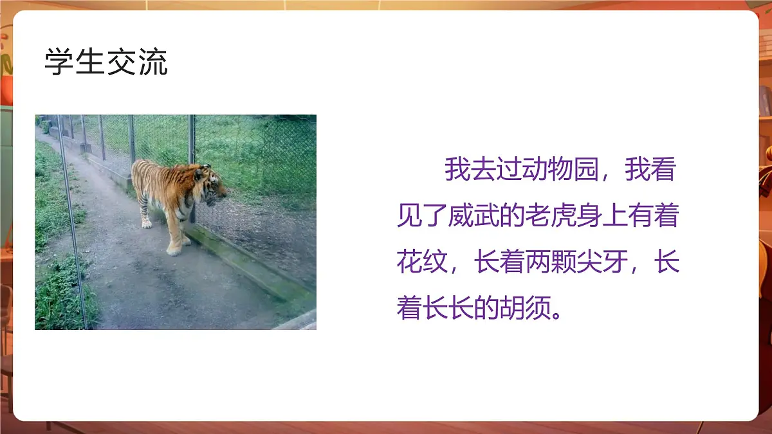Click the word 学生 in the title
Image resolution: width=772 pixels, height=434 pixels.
pyautogui.click(x=75, y=63)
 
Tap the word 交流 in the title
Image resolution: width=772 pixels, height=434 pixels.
pyautogui.click(x=137, y=63)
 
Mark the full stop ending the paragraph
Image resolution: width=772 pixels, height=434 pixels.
pyautogui.click(x=560, y=315)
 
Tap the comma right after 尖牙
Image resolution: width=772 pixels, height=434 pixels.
pyautogui.click(x=639, y=269)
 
